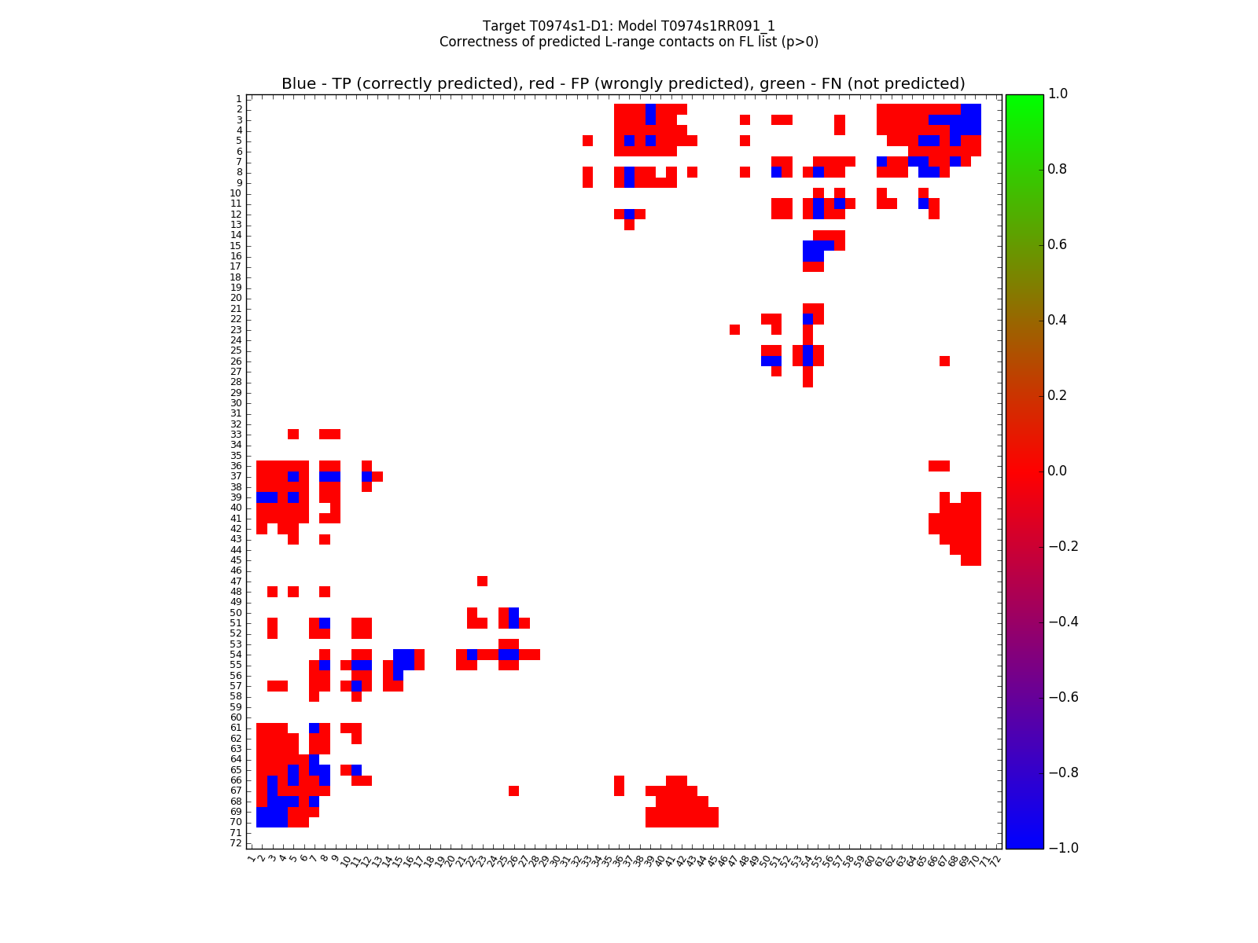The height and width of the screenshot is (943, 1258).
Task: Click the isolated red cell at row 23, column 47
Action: coord(734,329)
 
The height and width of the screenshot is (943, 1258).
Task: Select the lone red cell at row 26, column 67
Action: coord(944,361)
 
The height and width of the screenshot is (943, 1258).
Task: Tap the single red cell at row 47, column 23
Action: coord(482,581)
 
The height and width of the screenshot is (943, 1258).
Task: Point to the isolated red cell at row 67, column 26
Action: coord(513,791)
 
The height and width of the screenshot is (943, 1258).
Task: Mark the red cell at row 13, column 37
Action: coord(629,225)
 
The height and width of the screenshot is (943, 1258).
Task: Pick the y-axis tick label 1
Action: coord(238,99)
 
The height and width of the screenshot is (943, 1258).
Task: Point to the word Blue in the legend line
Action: coord(299,83)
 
